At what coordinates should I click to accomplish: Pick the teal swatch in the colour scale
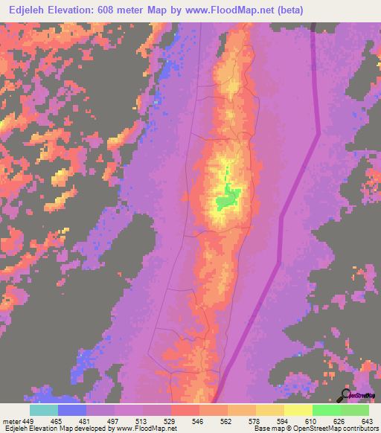[x=44, y=410]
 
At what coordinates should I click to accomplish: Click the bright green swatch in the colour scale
[x=326, y=410]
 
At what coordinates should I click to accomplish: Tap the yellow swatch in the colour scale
[x=298, y=410]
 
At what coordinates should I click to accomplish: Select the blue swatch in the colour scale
[x=72, y=410]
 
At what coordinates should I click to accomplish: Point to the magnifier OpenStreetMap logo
[x=346, y=395]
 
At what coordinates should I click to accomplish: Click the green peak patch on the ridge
[x=228, y=198]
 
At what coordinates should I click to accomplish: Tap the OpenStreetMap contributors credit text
[x=328, y=429]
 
